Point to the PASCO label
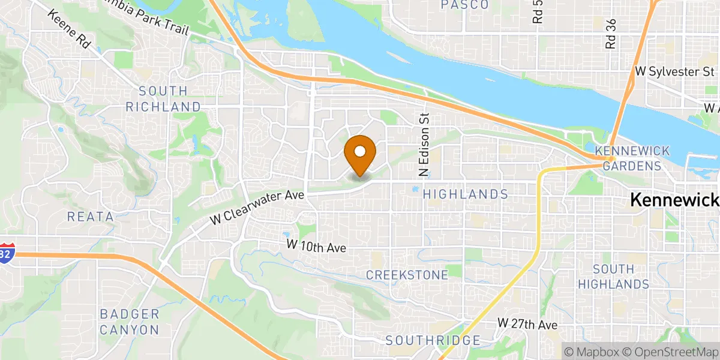(x=464, y=5)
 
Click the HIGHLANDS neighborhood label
(x=466, y=194)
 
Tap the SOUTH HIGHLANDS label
(x=621, y=276)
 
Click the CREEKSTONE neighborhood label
(x=407, y=275)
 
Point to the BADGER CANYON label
(x=130, y=322)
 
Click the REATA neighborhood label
(x=91, y=217)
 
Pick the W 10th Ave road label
(x=316, y=245)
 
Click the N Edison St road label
(x=424, y=145)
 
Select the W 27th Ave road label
(x=527, y=324)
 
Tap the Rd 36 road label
(x=611, y=34)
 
